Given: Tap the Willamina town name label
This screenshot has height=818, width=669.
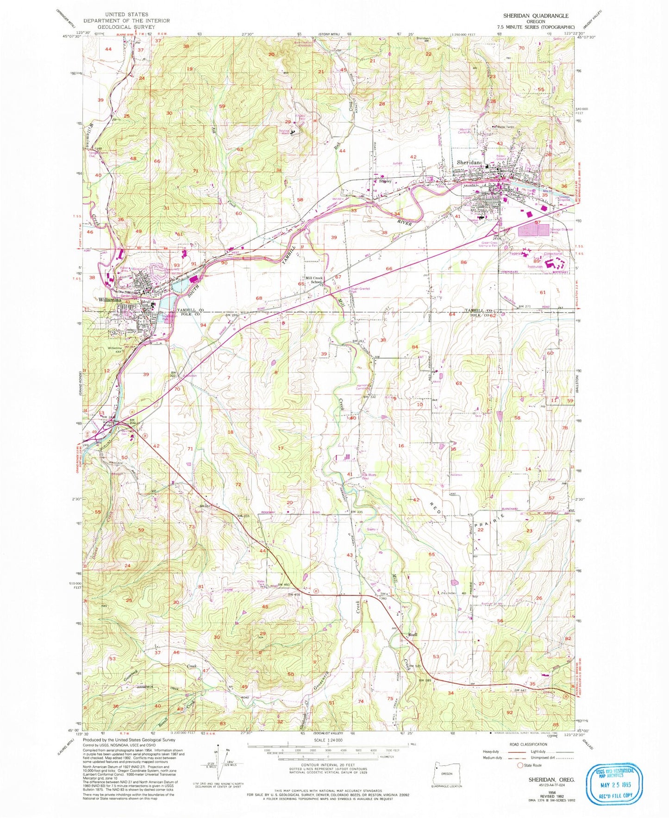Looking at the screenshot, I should (110, 300).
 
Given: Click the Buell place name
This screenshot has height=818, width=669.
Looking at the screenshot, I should (413, 635).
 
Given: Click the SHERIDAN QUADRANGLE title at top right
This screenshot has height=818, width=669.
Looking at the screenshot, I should (536, 16).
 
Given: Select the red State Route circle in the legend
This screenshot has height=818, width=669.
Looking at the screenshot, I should (521, 766).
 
